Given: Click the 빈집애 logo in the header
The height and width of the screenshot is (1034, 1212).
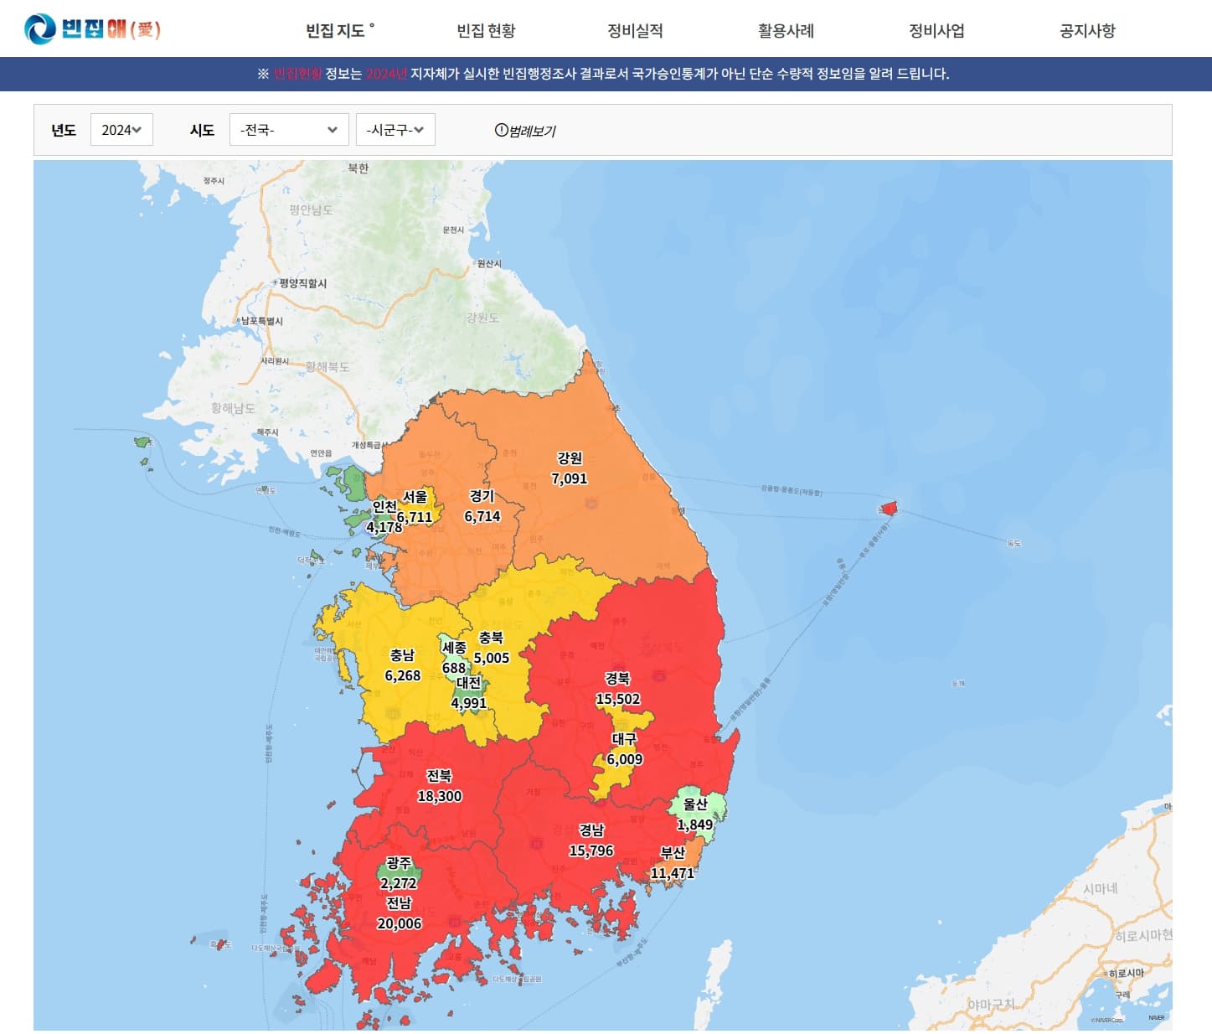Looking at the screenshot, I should pyautogui.click(x=92, y=29).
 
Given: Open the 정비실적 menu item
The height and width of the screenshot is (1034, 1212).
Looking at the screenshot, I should pyautogui.click(x=635, y=31).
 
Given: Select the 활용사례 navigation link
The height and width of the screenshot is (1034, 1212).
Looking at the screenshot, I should pyautogui.click(x=786, y=31).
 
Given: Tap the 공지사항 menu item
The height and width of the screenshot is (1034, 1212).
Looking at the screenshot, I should pyautogui.click(x=1087, y=31).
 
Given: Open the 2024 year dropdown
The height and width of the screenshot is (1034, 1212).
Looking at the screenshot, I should pyautogui.click(x=121, y=130).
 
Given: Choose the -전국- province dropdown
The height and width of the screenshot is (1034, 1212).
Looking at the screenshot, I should pyautogui.click(x=289, y=130).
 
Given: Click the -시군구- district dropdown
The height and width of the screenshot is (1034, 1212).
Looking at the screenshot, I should pyautogui.click(x=395, y=130).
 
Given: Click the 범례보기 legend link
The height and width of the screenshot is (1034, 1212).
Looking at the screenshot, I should pyautogui.click(x=525, y=131).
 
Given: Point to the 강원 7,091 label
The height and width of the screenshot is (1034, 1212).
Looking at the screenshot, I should pyautogui.click(x=570, y=468).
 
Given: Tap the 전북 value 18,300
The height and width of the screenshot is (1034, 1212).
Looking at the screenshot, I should pyautogui.click(x=440, y=796).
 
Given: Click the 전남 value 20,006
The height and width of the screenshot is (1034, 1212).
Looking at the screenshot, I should pyautogui.click(x=400, y=923).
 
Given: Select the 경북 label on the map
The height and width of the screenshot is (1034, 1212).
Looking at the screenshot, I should pyautogui.click(x=617, y=679).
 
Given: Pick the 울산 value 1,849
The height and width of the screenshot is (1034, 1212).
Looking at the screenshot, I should pyautogui.click(x=695, y=825).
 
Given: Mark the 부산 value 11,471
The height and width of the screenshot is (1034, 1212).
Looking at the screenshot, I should pyautogui.click(x=673, y=873).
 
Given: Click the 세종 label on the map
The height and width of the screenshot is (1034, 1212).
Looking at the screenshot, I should pyautogui.click(x=454, y=648).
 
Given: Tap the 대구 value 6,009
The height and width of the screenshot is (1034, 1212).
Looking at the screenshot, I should pyautogui.click(x=625, y=759).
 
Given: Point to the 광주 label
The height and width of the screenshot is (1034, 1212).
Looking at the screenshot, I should pyautogui.click(x=399, y=862).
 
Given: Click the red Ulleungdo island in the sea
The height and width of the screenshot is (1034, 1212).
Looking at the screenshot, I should pyautogui.click(x=890, y=508).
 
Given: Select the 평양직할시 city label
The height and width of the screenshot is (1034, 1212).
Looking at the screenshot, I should pyautogui.click(x=303, y=283).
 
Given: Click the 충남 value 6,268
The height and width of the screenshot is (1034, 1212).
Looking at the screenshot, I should pyautogui.click(x=403, y=675).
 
